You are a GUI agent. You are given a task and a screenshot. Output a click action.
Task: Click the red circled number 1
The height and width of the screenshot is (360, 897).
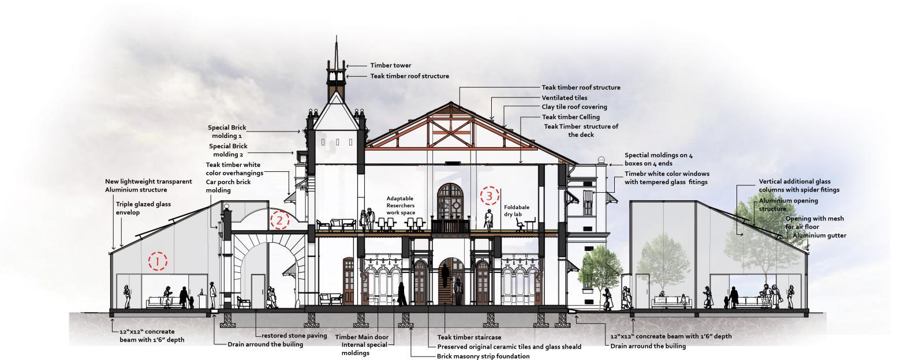tap(157, 261)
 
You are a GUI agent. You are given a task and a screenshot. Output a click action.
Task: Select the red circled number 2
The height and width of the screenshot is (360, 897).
tap(279, 220)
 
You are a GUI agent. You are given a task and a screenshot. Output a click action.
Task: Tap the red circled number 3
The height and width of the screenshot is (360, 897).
tap(489, 196)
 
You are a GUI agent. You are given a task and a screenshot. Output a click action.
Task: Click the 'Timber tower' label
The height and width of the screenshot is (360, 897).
tap(391, 66)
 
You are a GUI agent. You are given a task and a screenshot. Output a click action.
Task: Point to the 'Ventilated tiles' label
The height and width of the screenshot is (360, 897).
tap(564, 98)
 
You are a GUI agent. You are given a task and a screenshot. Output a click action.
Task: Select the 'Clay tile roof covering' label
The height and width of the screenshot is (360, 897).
tap(574, 107)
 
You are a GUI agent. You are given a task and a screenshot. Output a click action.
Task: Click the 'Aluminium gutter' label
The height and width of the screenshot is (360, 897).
tap(819, 236)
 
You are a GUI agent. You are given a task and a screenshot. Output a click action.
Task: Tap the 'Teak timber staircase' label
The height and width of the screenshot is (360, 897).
tap(469, 337)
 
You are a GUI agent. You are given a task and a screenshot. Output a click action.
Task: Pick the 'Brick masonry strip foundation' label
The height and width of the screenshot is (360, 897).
tap(483, 356)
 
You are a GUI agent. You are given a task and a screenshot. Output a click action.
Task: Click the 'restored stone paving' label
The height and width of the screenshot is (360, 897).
tap(294, 336)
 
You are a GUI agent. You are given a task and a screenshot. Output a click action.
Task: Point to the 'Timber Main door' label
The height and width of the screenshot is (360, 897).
tap(361, 337)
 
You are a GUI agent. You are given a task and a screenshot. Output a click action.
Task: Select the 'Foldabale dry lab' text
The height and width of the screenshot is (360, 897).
tap(516, 211)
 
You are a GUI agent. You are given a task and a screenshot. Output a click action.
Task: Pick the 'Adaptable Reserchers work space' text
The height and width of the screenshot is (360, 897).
tap(401, 205)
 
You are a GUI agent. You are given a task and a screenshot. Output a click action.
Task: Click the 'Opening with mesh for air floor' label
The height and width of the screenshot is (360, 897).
tap(814, 223)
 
